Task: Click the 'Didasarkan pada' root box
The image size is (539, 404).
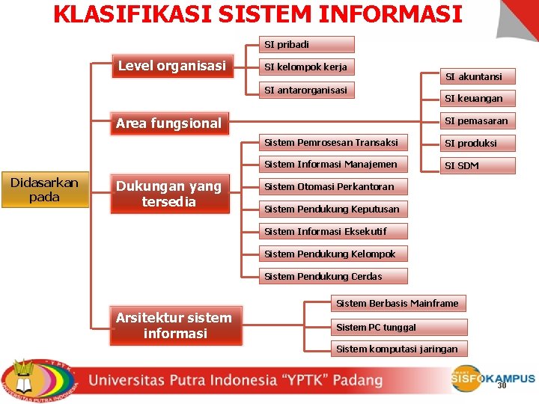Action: point(44,190)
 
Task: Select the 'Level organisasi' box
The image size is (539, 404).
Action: point(172,66)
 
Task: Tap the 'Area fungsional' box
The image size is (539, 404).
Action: point(169,123)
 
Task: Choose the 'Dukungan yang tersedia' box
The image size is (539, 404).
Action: point(169,195)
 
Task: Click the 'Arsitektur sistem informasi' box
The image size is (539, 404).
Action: point(175,326)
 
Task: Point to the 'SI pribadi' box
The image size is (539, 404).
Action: point(306,45)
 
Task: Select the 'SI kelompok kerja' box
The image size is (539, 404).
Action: point(306,67)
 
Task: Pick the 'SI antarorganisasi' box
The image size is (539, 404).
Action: point(306,90)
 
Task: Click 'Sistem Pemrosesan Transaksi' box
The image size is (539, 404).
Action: point(332,142)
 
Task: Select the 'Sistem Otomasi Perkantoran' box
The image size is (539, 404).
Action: point(332,186)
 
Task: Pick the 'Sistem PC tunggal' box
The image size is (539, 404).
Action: point(398,327)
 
